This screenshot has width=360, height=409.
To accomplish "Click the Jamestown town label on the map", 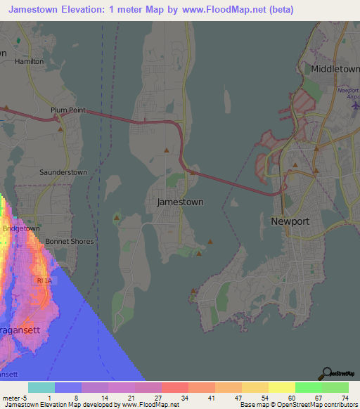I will [181, 202].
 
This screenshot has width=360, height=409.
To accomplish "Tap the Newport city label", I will [290, 221].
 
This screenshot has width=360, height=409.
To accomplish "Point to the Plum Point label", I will [67, 110].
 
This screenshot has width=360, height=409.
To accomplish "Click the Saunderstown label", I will [63, 172].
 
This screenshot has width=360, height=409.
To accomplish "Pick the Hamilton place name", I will [29, 61].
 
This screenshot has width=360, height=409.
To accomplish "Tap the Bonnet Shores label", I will [70, 241].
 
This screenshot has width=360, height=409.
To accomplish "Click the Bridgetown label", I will [21, 229].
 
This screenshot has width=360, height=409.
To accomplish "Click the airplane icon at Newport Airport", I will [354, 105].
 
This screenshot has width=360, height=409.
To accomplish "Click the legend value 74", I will [344, 398].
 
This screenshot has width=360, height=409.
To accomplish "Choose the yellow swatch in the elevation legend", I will [282, 387].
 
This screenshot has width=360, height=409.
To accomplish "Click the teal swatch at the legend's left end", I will [41, 387].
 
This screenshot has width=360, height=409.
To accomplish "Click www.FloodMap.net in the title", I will [220, 10].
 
